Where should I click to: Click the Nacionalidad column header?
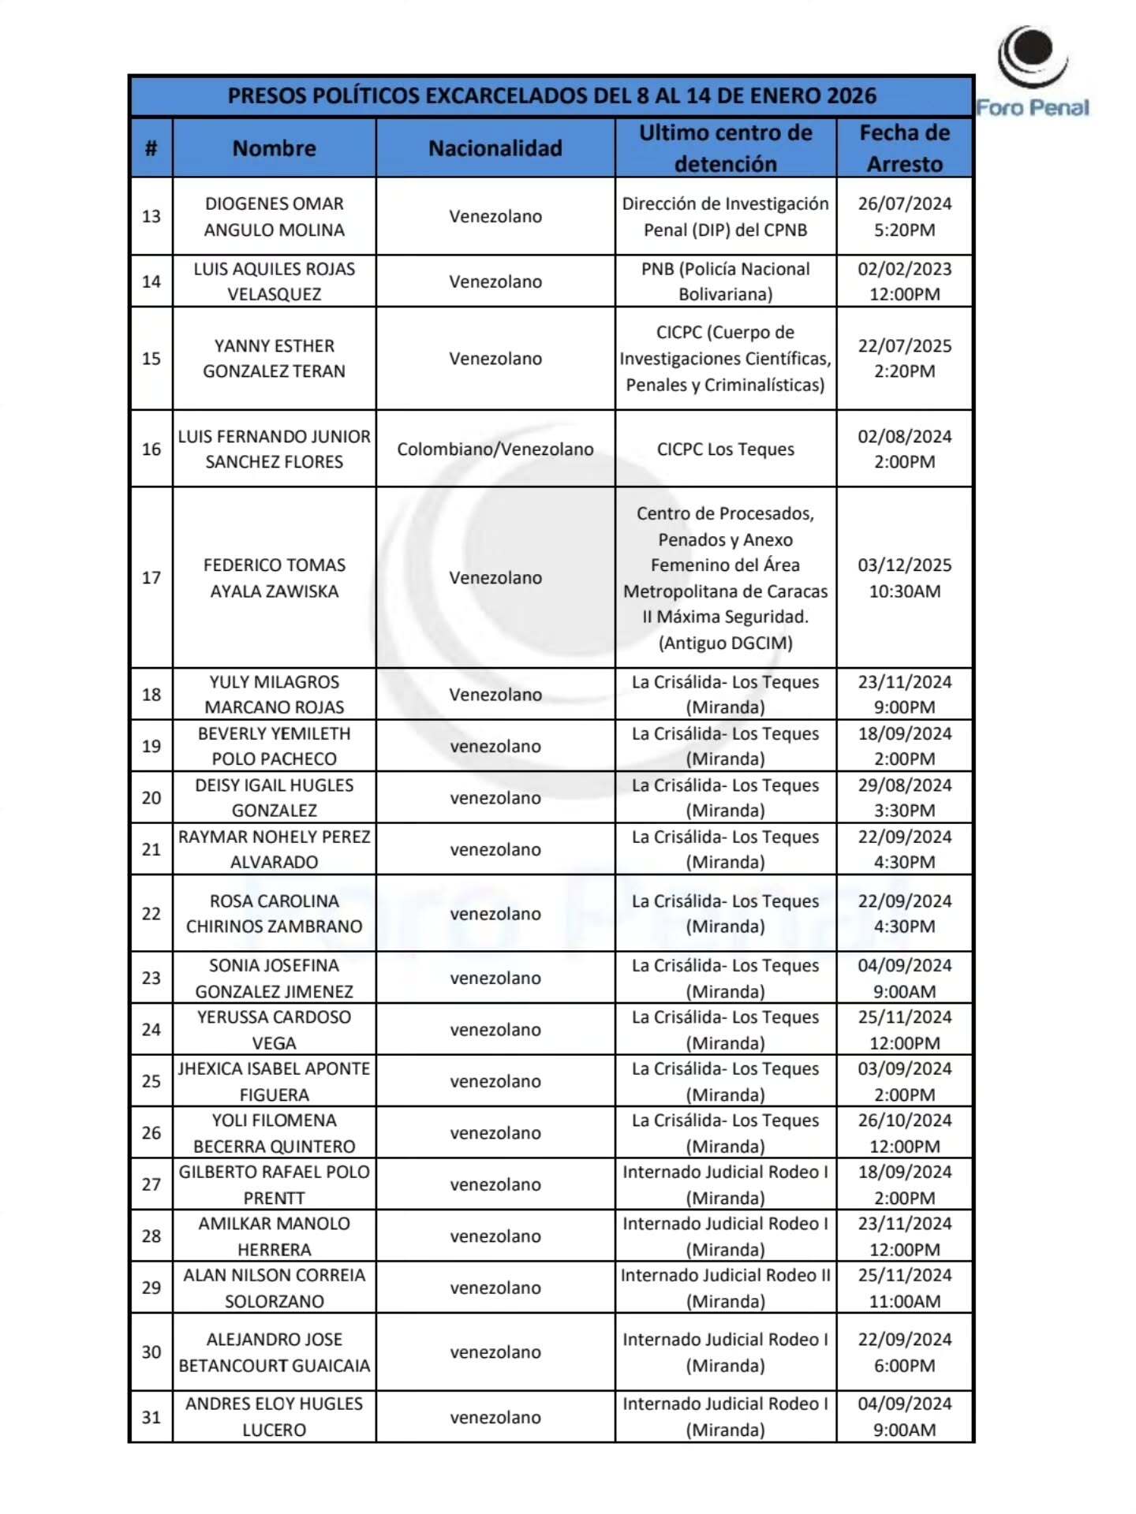tap(495, 148)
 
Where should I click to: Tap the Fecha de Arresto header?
tap(904, 148)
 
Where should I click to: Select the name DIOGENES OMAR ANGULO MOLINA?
tap(274, 216)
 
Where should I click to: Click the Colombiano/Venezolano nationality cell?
tap(495, 449)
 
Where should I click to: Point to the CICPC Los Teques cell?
tap(725, 449)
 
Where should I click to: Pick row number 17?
tap(151, 577)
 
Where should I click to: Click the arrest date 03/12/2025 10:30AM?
tap(904, 577)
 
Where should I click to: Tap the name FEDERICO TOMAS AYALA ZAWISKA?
tap(274, 577)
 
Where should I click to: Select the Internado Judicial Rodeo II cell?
tap(725, 1287)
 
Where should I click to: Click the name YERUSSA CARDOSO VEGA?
tap(274, 1029)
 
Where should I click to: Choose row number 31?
tap(151, 1416)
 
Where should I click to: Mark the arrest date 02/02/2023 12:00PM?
tap(904, 281)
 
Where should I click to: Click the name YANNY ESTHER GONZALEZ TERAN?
tap(274, 358)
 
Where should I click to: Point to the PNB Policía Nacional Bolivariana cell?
tap(725, 281)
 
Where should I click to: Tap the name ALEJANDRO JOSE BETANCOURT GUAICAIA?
tap(274, 1352)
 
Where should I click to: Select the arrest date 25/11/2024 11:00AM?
tap(904, 1287)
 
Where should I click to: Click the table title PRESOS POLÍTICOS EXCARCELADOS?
tap(551, 96)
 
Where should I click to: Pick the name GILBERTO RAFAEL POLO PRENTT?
tap(274, 1184)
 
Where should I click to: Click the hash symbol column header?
tap(151, 148)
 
